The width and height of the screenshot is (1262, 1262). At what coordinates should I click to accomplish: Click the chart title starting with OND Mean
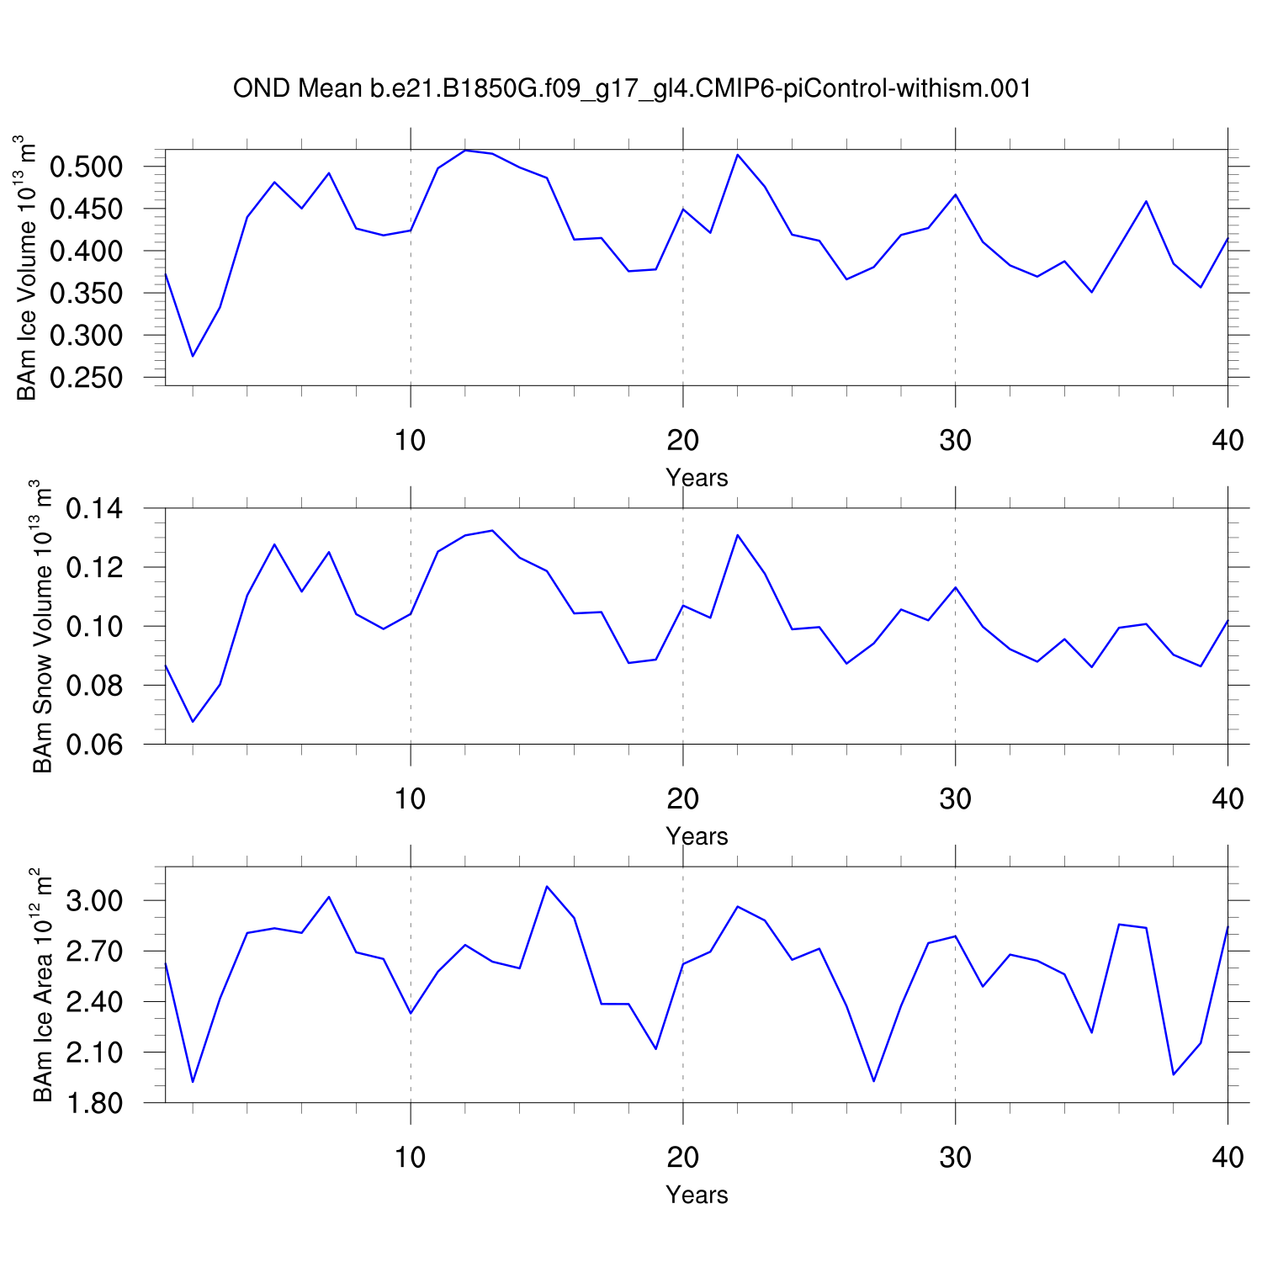[632, 88]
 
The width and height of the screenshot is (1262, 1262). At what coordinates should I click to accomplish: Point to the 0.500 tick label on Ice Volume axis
[86, 167]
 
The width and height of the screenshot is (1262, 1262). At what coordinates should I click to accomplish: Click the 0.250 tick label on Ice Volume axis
[86, 378]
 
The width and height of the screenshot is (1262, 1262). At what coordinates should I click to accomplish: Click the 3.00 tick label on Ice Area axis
[94, 901]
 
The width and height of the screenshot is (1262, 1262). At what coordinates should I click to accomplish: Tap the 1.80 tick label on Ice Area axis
[94, 1103]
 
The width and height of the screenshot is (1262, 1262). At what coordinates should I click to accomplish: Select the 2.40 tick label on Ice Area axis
[94, 1002]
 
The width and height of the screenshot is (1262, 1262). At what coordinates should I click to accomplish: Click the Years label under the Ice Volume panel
[697, 478]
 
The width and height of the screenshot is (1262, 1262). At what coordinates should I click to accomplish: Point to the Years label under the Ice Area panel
[697, 1195]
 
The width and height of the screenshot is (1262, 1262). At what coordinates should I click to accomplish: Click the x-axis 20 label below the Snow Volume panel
[682, 799]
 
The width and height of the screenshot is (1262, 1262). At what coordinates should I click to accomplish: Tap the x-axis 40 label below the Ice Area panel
[1228, 1158]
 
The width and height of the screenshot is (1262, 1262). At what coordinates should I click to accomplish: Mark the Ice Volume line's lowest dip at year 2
[193, 356]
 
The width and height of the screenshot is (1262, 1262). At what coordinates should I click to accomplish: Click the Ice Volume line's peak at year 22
[737, 155]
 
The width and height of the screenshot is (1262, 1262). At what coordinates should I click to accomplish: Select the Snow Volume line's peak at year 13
[492, 531]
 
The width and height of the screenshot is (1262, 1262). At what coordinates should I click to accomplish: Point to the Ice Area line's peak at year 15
[547, 887]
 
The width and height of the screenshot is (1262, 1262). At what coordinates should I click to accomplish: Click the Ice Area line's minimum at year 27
[874, 1081]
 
